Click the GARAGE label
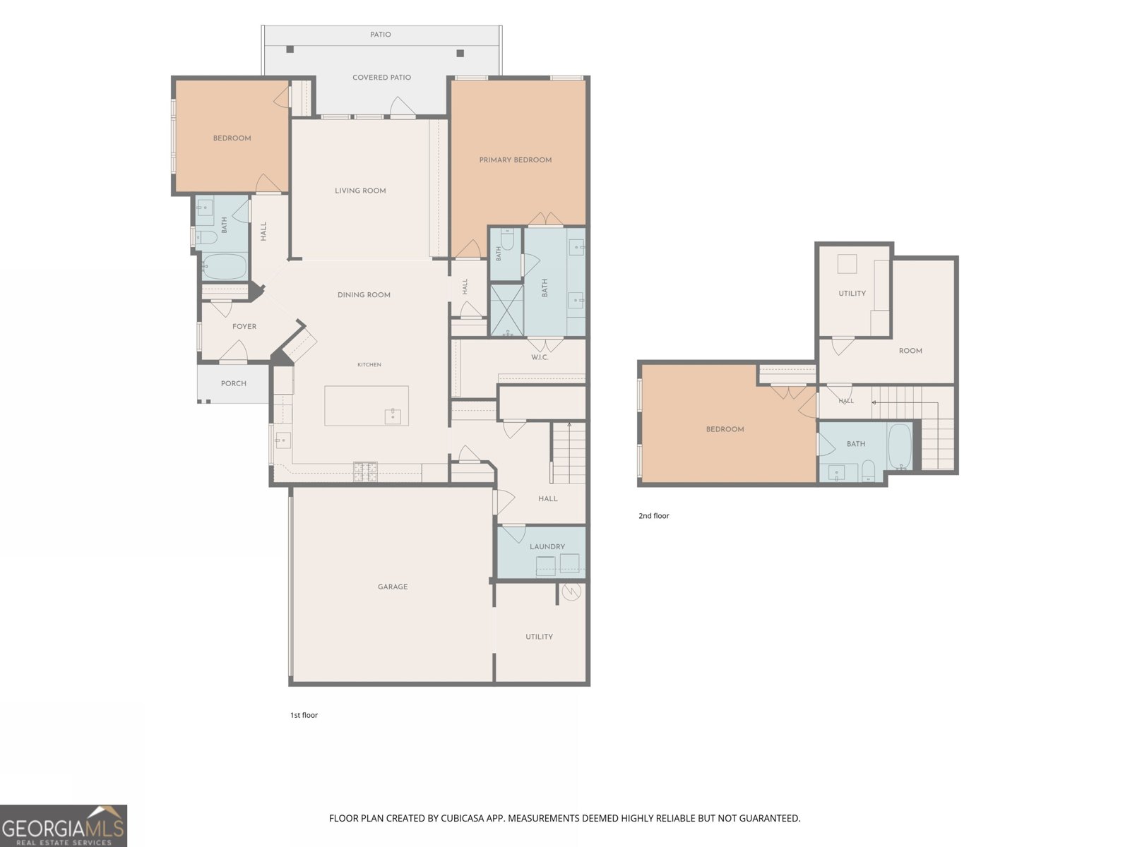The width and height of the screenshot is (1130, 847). pos(392,587)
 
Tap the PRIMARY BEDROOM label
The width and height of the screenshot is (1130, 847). pos(516,160)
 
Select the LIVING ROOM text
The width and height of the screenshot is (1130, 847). pos(360,191)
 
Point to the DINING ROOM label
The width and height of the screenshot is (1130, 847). pos(364,294)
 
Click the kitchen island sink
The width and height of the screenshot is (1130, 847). pos(393,416)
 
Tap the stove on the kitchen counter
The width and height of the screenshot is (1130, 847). pos(365,471)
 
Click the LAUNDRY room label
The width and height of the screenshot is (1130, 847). pos(547,546)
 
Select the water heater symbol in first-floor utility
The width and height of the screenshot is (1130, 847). pos(571,591)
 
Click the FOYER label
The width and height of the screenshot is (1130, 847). pos(244,326)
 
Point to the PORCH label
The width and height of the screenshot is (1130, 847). pos(234,383)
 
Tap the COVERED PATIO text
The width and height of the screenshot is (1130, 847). pos(381,77)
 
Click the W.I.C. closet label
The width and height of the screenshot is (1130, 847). pos(540,357)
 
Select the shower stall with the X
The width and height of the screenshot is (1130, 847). pos(506,310)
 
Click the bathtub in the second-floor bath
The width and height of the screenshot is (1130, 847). pos(899,445)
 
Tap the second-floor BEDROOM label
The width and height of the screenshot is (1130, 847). pos(725,429)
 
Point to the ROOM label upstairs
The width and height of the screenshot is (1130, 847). pos(910,350)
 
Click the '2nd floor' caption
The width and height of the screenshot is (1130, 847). pos(654,515)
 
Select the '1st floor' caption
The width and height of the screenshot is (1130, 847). pos(304,715)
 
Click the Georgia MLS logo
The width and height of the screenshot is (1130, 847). pos(64,825)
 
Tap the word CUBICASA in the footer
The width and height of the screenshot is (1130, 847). pos(463,818)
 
